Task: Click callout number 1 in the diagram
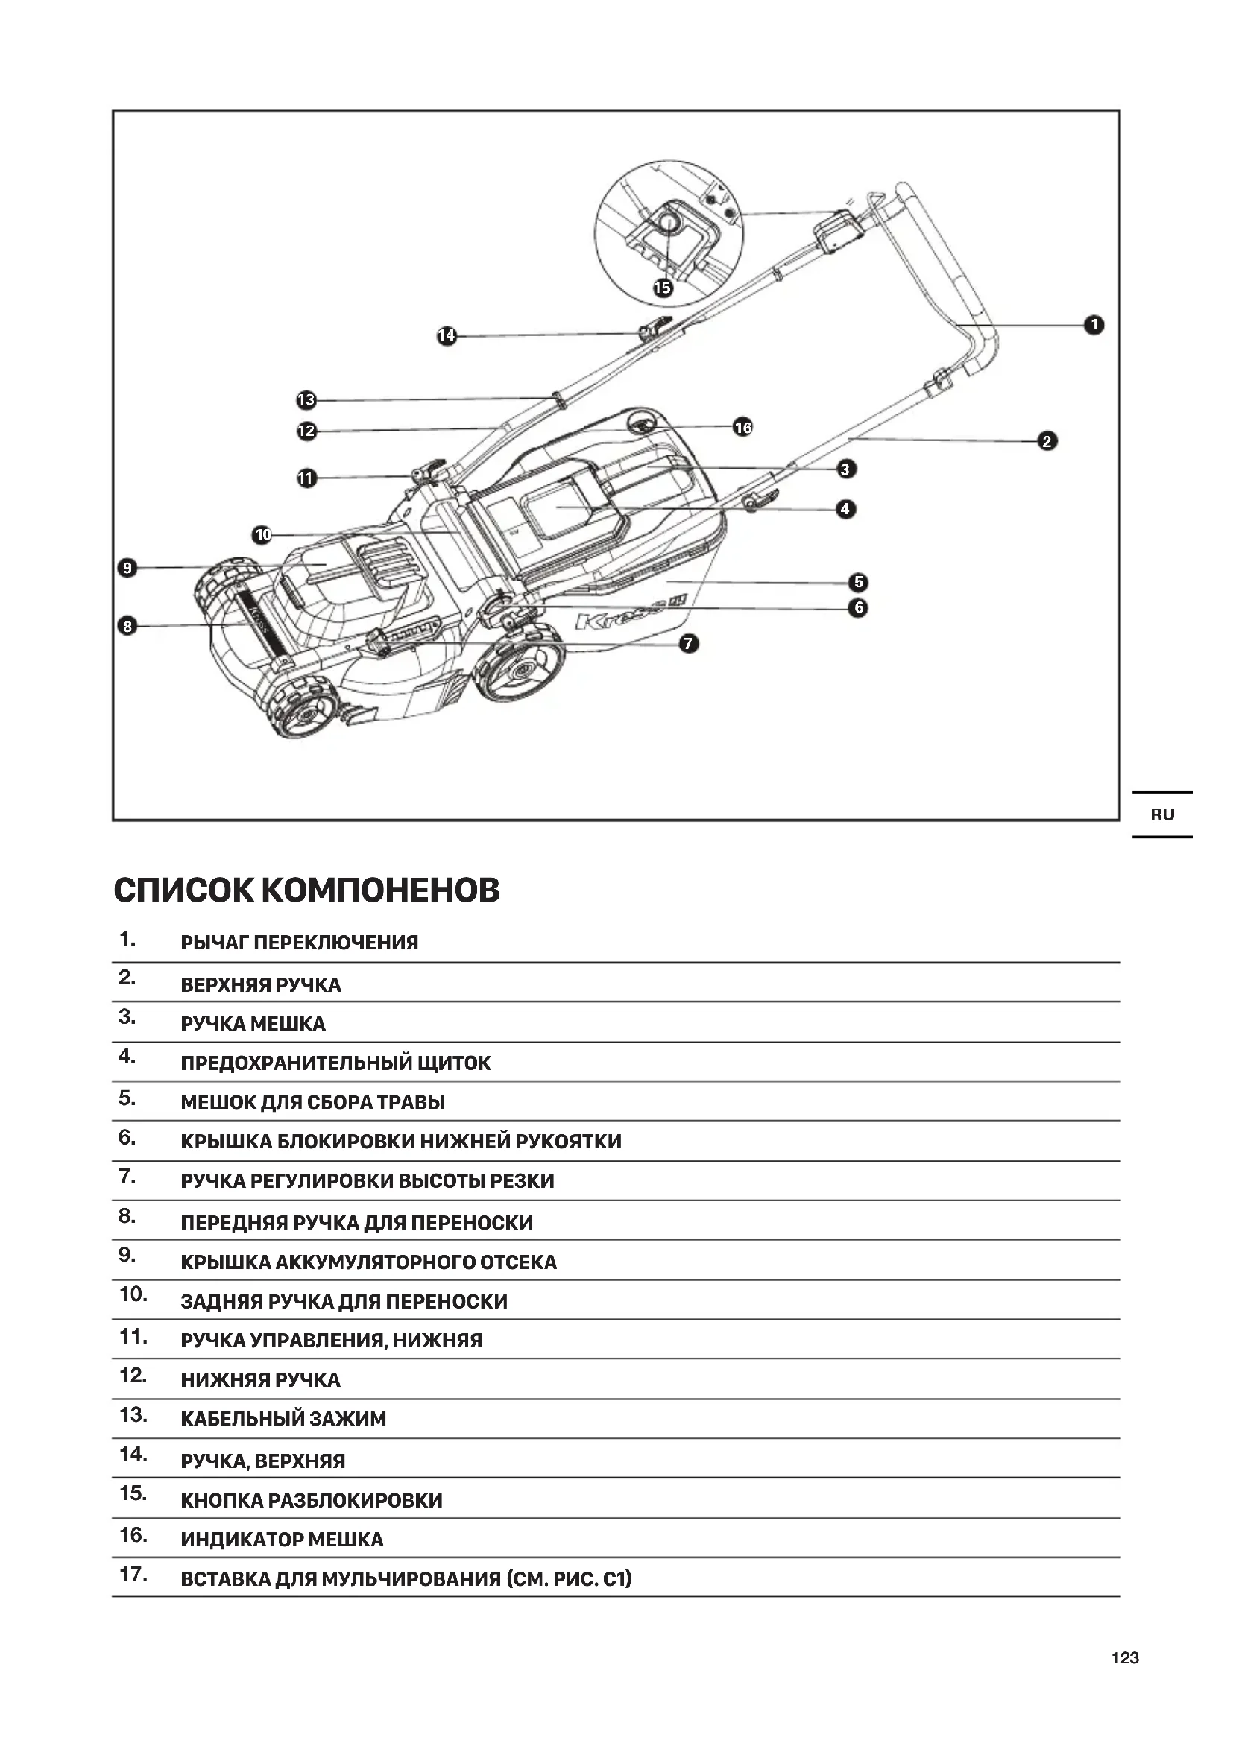pos(1094,325)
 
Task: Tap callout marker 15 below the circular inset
pos(663,288)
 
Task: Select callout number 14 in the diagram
pos(447,335)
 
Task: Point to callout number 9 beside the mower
pos(127,567)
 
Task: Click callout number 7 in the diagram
pos(688,644)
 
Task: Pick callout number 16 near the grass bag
pos(742,428)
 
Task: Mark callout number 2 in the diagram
pos(1047,441)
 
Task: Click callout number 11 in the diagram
pos(306,478)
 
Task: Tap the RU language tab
pos(1161,814)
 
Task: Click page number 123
pos(1124,1658)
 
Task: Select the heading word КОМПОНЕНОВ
pos(380,891)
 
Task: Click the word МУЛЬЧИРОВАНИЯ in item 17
pos(411,1579)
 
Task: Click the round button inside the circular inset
pos(669,222)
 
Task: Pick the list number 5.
pos(127,1098)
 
